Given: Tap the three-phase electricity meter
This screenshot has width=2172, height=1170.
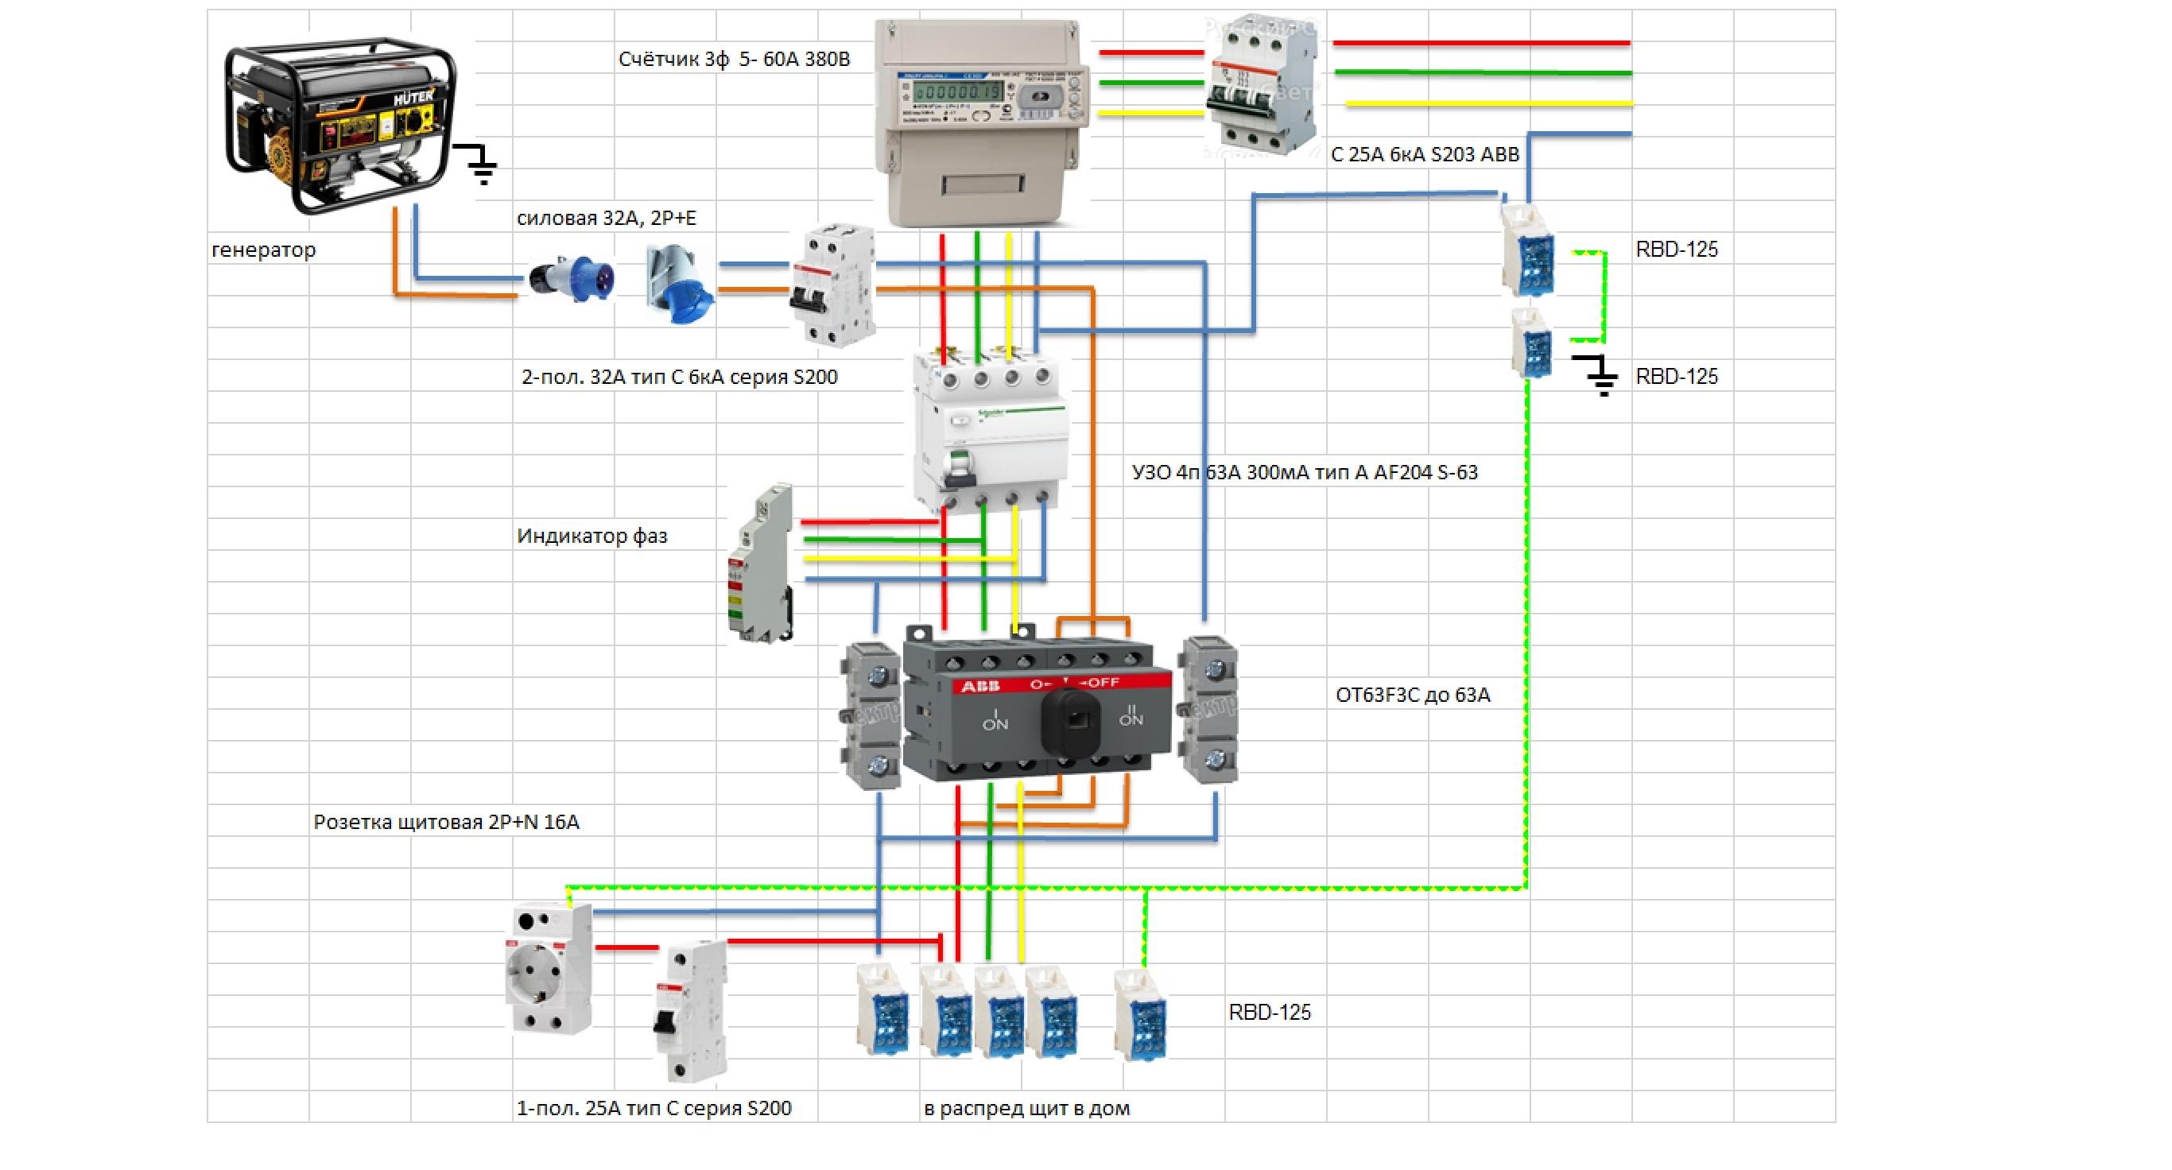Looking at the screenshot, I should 979,122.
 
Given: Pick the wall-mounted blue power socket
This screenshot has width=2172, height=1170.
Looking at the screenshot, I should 680,283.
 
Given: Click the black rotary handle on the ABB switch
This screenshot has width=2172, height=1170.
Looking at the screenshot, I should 1072,722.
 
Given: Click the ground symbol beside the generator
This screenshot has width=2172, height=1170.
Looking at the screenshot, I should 481,165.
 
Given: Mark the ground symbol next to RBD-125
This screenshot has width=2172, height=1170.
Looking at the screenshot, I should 1597,375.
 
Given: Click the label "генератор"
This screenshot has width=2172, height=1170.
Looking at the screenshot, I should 263,250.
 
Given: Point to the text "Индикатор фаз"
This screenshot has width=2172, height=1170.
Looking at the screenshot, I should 592,536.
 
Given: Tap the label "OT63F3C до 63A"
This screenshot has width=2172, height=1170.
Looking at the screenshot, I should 1412,695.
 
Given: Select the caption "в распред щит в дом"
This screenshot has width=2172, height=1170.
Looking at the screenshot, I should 1026,1109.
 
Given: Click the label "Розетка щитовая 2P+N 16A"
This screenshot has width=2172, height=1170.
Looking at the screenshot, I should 446,822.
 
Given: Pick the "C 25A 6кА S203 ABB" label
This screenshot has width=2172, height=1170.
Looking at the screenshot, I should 1424,155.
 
